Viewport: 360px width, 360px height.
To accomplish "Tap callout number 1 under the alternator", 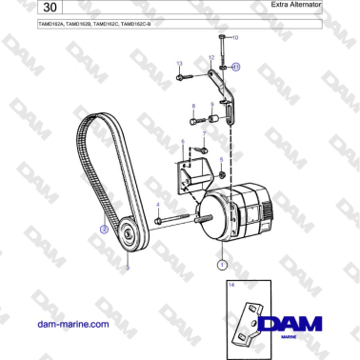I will pyautogui.click(x=222, y=265).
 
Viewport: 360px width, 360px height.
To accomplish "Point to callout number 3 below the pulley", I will pyautogui.click(x=128, y=269).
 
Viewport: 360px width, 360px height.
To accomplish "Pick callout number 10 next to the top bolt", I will pyautogui.click(x=235, y=36).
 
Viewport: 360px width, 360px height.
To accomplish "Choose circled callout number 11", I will pyautogui.click(x=236, y=68).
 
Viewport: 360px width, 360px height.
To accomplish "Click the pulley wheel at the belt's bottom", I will pyautogui.click(x=127, y=233).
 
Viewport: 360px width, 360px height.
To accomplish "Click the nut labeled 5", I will pyautogui.click(x=221, y=176).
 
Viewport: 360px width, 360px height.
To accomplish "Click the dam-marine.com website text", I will pyautogui.click(x=71, y=325).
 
